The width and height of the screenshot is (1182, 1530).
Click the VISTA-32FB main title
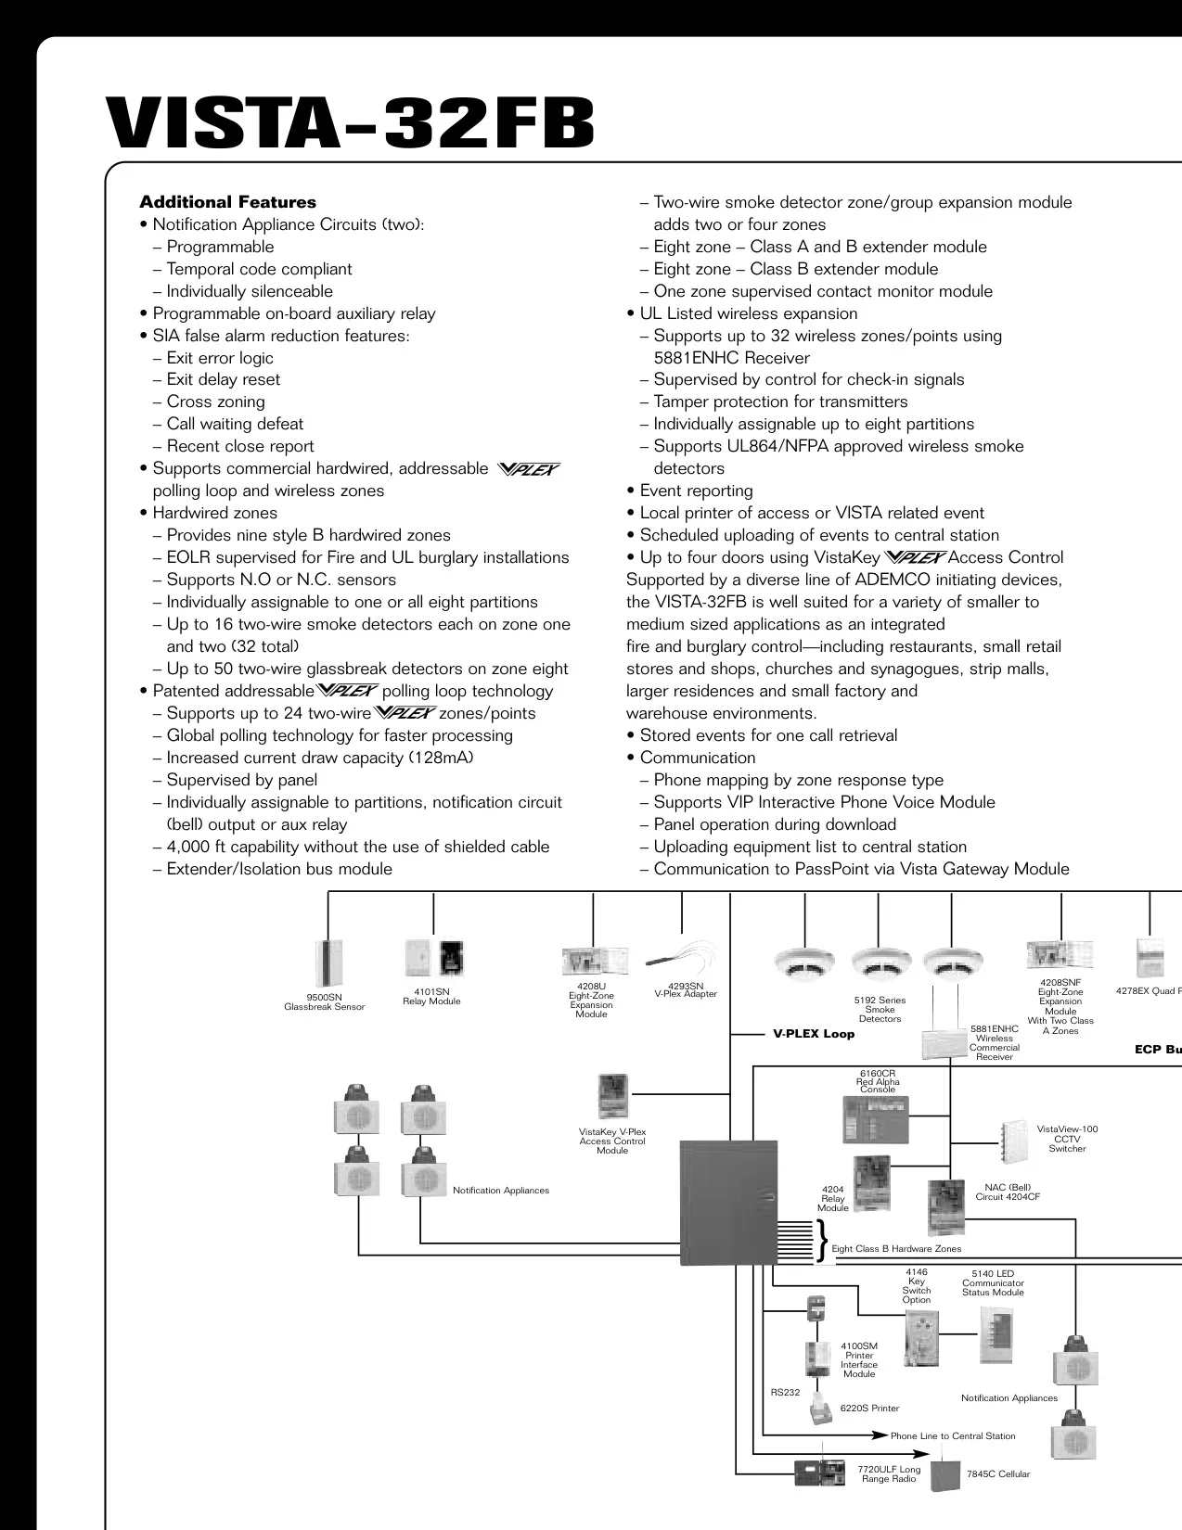coord(350,123)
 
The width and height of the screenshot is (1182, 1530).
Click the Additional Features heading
coord(227,202)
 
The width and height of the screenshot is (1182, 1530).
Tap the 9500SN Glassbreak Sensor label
coord(324,1002)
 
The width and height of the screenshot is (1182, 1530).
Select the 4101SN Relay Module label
coord(431,996)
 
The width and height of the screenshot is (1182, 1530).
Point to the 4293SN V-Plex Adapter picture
coord(682,958)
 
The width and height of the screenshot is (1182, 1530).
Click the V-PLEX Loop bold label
coord(814,1034)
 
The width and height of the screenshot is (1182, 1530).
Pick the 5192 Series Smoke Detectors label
coord(880,1009)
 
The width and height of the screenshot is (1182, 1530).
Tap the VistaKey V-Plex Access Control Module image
coord(612,1096)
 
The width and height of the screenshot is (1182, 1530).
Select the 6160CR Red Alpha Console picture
coord(876,1119)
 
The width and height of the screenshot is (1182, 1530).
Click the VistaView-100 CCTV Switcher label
coord(1067,1139)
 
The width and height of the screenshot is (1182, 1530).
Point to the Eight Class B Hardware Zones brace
coord(822,1241)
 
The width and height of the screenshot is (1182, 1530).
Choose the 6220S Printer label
coord(869,1409)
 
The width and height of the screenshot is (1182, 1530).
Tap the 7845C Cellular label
coord(998,1473)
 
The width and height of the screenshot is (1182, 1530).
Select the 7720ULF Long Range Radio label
coord(889,1473)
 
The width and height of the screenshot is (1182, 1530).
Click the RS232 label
coord(786,1392)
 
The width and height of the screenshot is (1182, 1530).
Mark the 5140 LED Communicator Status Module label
coord(994,1282)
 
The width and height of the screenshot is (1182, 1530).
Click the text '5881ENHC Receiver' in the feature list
coord(731,358)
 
